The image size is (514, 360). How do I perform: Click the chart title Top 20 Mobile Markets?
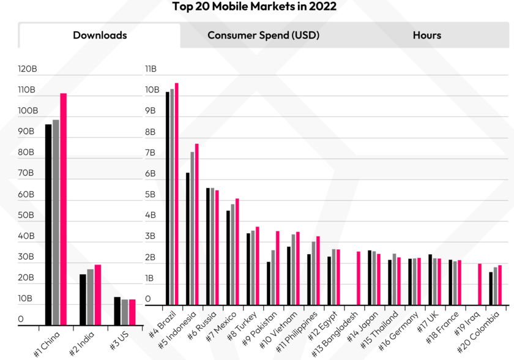pos(254,7)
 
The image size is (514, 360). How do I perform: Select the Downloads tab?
pos(100,36)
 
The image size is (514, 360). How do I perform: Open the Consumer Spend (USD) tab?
pos(263,36)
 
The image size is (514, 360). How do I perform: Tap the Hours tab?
pos(426,36)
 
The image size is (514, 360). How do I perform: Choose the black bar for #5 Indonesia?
pos(188,239)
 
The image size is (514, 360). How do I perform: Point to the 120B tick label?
pos(28,69)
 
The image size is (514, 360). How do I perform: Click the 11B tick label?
pos(151,69)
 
